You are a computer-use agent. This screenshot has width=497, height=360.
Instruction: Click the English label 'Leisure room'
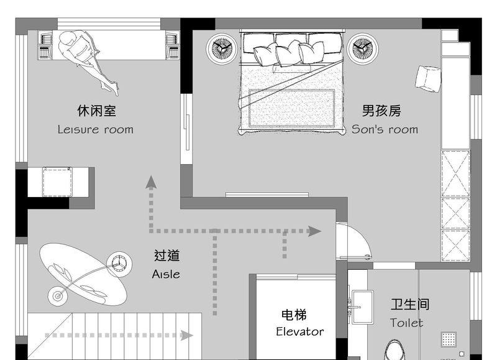pos(95,129)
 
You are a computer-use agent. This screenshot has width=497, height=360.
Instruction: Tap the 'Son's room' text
pos(385,129)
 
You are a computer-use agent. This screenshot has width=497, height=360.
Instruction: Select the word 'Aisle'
pos(166,274)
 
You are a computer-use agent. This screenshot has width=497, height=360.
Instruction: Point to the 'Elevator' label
pos(300,331)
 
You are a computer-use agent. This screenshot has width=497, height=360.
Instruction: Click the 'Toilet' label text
pos(407,323)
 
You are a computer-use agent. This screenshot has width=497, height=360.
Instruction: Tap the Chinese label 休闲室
pos(96,111)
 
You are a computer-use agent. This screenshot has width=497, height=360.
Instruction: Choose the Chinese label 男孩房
pos(381,111)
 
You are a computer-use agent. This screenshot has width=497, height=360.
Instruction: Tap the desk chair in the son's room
pos(427,78)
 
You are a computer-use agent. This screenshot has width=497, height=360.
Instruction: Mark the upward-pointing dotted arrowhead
pos(150,182)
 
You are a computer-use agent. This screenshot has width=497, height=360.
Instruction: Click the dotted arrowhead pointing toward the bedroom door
pos(314,231)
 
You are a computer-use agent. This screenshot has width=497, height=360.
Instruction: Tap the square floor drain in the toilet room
pos(449,339)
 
